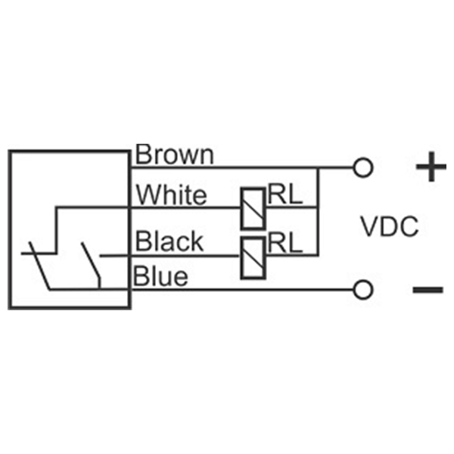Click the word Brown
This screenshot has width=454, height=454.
coord(175,155)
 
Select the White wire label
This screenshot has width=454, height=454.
coord(171,195)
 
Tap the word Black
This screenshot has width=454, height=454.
coord(169,242)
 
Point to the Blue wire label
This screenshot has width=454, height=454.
coord(161,277)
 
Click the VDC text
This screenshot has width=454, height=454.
coord(389,227)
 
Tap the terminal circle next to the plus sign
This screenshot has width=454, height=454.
coord(364,167)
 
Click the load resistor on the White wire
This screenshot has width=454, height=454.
coord(252,207)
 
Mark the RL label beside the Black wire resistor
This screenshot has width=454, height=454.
coord(285,242)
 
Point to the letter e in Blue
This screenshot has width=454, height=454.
coord(181,278)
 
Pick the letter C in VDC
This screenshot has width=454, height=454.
coord(409,227)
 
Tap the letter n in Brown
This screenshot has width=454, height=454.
coord(206,157)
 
